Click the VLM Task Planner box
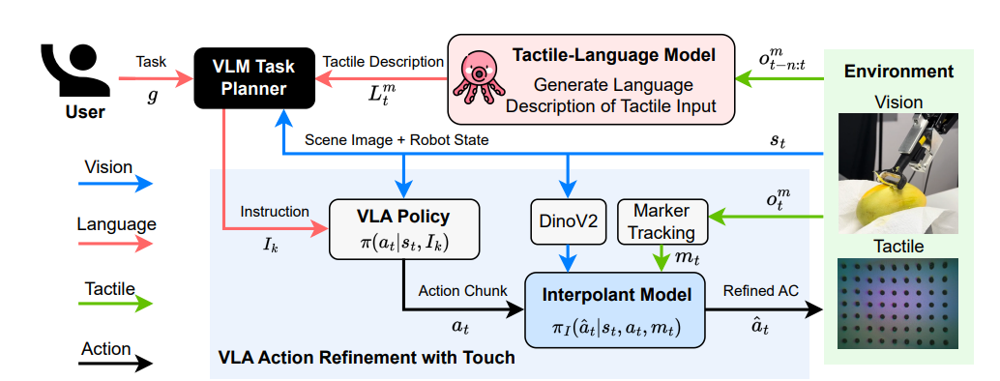[x=253, y=77]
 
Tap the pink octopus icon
[x=478, y=78]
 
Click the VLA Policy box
[x=403, y=229]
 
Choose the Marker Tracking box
[x=662, y=221]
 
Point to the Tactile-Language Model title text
[x=613, y=55]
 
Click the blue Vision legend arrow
[x=116, y=184]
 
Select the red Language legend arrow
[x=116, y=244]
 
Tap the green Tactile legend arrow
[x=116, y=304]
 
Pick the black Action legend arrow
[x=116, y=364]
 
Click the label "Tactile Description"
[x=383, y=62]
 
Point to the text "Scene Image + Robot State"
[x=397, y=140]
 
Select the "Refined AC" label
[x=761, y=291]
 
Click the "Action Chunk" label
[x=462, y=291]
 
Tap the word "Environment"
[x=898, y=71]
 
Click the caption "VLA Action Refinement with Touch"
[x=367, y=358]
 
